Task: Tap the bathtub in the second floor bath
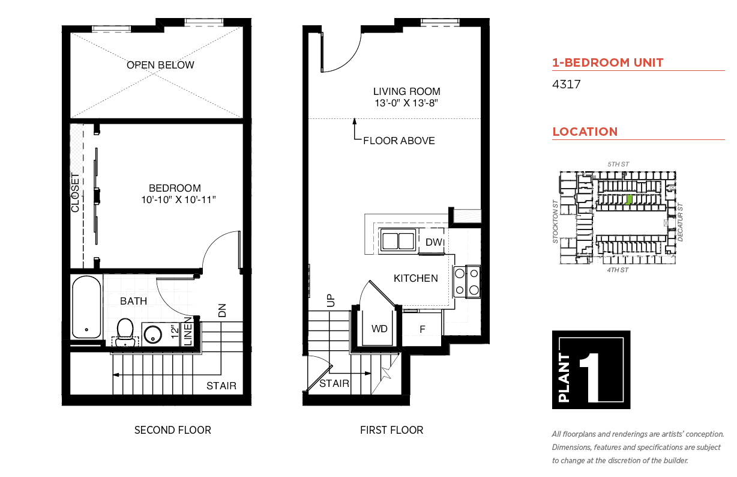click(x=86, y=307)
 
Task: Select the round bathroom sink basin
click(x=153, y=335)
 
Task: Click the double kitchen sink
click(x=398, y=241)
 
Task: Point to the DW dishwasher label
click(x=434, y=242)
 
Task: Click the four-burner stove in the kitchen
click(x=467, y=282)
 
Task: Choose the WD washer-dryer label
click(x=379, y=329)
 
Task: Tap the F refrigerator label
click(x=423, y=329)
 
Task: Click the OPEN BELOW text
click(x=160, y=65)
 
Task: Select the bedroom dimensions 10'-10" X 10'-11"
click(x=178, y=199)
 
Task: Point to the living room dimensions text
click(x=406, y=103)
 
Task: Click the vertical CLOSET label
click(x=76, y=193)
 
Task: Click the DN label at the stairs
click(x=222, y=311)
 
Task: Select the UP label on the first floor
click(x=331, y=300)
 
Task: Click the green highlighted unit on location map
click(x=629, y=199)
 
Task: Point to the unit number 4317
click(x=566, y=84)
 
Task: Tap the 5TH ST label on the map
click(x=618, y=164)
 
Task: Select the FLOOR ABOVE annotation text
click(x=399, y=141)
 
